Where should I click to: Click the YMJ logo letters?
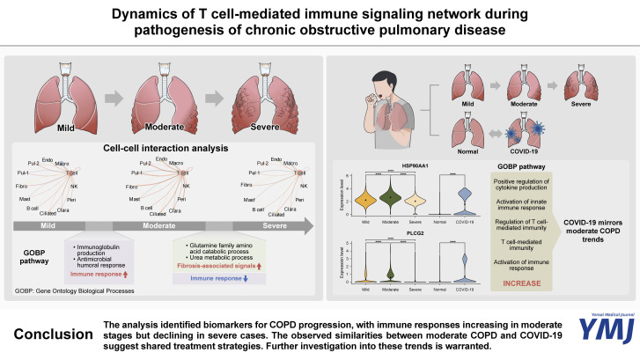(600, 332)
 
